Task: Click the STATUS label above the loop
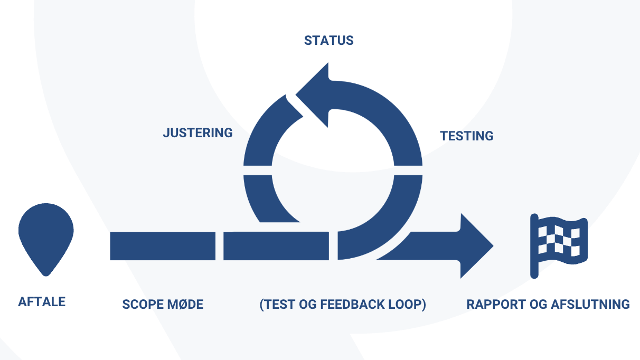328,41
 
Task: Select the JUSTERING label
197,133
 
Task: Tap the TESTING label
467,136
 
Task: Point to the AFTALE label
42,302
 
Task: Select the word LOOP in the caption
408,305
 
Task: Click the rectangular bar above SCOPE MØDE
163,246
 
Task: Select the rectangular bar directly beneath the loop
276,246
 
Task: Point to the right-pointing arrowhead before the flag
475,246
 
